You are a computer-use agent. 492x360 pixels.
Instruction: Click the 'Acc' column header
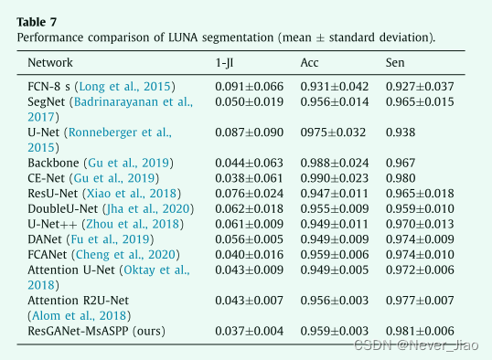[309, 63]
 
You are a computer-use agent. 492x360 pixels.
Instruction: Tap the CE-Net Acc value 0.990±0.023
[334, 178]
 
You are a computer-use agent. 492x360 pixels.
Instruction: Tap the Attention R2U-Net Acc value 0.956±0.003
[334, 300]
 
